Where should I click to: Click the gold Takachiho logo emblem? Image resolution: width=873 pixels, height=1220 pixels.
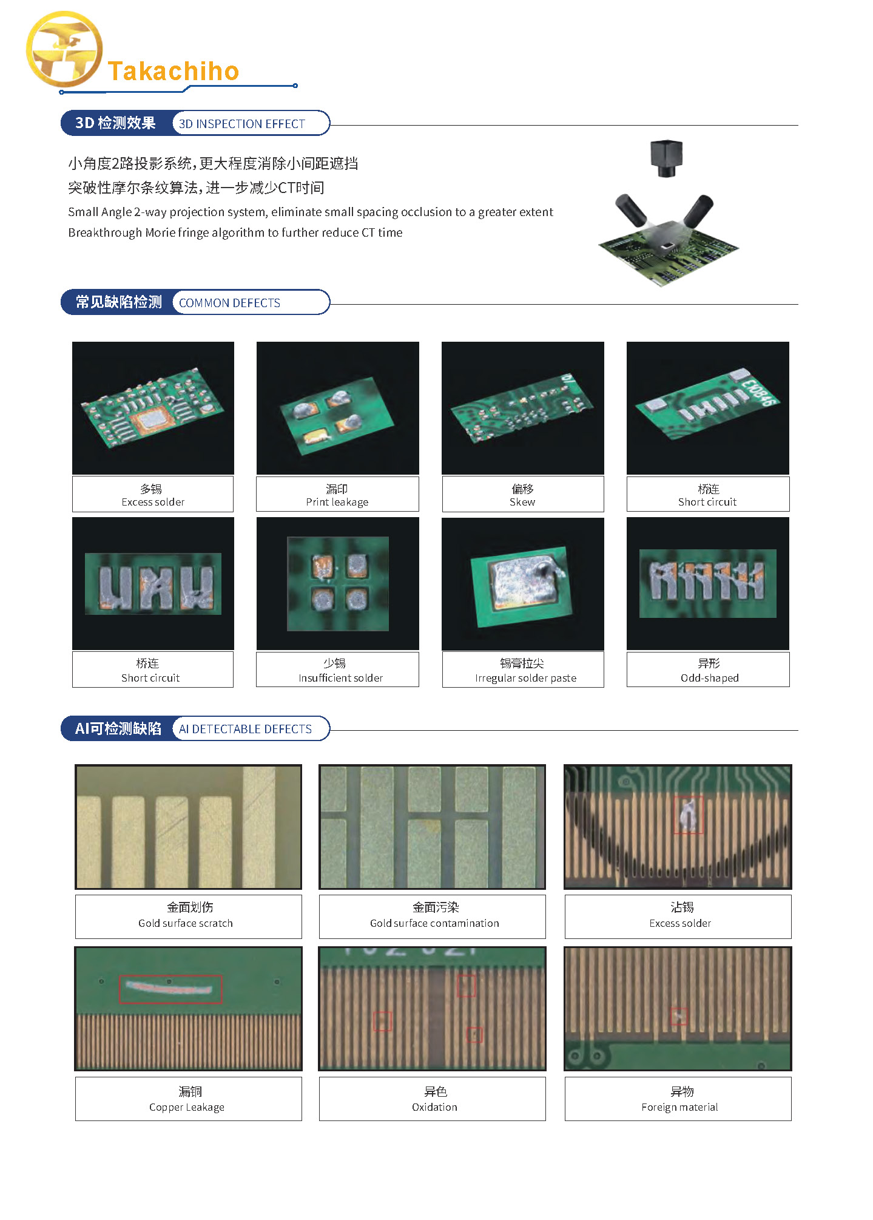pyautogui.click(x=64, y=49)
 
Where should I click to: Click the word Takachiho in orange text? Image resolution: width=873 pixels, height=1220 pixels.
pyautogui.click(x=174, y=71)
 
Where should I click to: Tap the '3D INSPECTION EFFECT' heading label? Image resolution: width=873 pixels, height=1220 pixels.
pyautogui.click(x=241, y=124)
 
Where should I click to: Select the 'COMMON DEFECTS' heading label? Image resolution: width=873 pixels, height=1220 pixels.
pyautogui.click(x=229, y=303)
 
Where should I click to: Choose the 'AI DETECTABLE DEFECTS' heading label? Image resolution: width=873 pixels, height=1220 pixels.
pyautogui.click(x=245, y=729)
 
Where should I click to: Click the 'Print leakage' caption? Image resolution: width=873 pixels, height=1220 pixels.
pyautogui.click(x=337, y=502)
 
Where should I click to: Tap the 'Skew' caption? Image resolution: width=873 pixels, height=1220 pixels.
pyautogui.click(x=522, y=502)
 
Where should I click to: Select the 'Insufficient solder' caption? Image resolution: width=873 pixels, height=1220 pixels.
pyautogui.click(x=340, y=678)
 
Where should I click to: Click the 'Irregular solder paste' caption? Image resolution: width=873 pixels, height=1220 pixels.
pyautogui.click(x=525, y=678)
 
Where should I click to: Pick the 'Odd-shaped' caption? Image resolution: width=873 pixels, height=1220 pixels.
pyautogui.click(x=709, y=678)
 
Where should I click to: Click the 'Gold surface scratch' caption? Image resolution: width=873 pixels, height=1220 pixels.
pyautogui.click(x=186, y=923)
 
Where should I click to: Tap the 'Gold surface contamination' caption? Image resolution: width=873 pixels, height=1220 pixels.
pyautogui.click(x=434, y=923)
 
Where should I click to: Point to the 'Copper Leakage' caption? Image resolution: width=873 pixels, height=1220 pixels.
pyautogui.click(x=187, y=1107)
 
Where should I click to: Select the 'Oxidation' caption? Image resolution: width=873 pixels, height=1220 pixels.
pyautogui.click(x=434, y=1107)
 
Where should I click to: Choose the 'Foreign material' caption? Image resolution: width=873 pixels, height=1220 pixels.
pyautogui.click(x=679, y=1107)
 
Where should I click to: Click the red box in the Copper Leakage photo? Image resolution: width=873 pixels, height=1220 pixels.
pyautogui.click(x=170, y=976)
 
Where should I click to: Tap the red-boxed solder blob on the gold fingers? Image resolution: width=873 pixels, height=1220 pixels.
pyautogui.click(x=688, y=815)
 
